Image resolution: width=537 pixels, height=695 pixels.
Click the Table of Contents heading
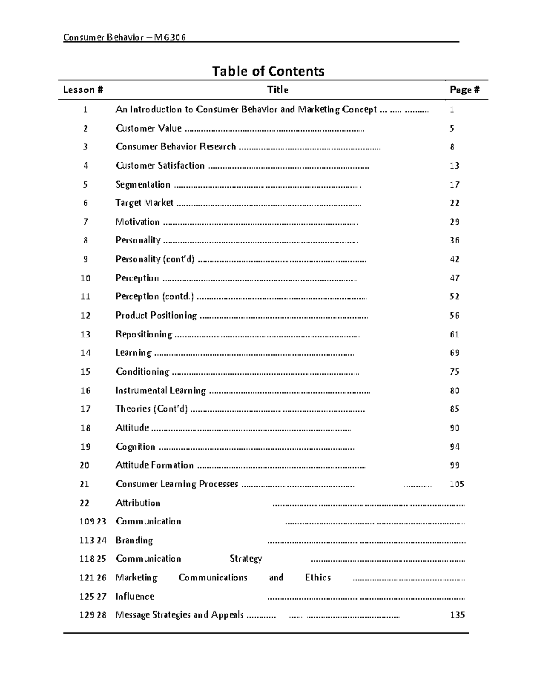coord(268,71)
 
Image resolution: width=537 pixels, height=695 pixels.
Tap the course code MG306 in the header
coord(170,37)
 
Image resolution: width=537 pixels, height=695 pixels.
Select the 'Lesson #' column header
coord(83,90)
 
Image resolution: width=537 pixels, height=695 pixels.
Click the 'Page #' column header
coord(465,90)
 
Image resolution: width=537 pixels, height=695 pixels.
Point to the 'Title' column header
coord(277,90)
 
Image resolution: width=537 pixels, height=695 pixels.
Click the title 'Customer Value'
coord(149,128)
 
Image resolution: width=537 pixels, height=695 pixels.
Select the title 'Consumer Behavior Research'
coord(175,147)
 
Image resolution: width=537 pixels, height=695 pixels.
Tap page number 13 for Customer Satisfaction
coord(454,166)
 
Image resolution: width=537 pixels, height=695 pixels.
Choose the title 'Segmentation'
coord(143,185)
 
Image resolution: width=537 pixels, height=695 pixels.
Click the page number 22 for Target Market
coord(454,203)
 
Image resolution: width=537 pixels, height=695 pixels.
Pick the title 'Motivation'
coord(137,222)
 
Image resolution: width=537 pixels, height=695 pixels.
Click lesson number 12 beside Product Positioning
coord(85,316)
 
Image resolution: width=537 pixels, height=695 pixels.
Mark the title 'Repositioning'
coord(144,334)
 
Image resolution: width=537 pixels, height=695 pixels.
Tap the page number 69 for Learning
coord(454,353)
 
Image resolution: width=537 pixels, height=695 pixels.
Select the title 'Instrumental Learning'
coord(161,391)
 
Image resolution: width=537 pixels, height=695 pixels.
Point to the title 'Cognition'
coord(135,447)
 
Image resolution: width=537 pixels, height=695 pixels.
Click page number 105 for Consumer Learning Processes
coord(457,484)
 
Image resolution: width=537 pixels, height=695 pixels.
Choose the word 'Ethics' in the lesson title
coord(318,578)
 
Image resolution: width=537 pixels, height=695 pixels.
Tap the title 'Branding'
coord(134,540)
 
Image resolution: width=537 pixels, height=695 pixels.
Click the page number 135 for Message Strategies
coord(457,615)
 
